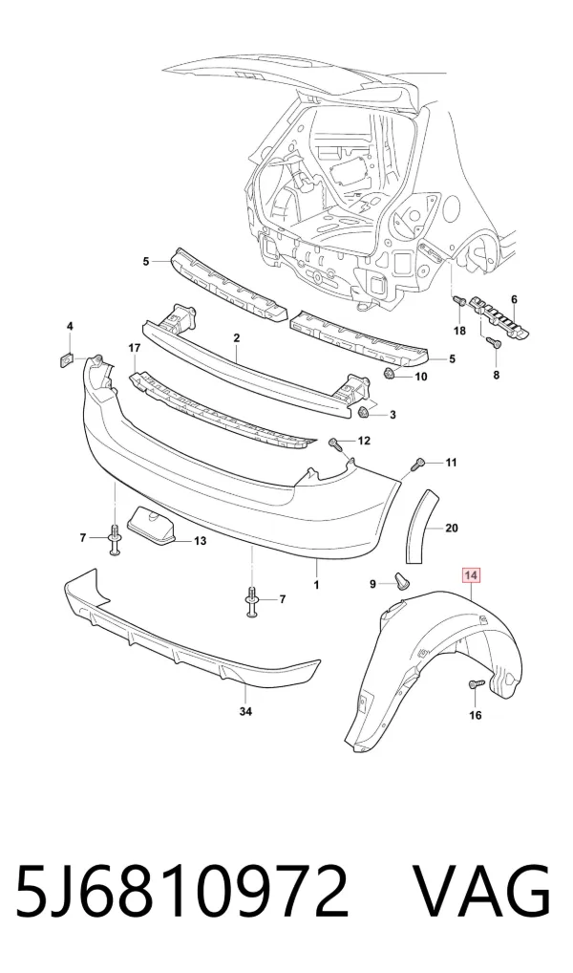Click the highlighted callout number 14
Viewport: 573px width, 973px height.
tap(472, 576)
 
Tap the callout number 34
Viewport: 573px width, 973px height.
tap(245, 712)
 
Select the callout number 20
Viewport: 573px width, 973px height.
tap(452, 528)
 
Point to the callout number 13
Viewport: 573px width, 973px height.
tap(200, 541)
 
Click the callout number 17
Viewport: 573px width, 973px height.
tap(135, 349)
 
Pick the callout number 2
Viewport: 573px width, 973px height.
tap(236, 338)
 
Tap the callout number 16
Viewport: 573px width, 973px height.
tap(475, 716)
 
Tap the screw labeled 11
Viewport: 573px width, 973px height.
tap(421, 463)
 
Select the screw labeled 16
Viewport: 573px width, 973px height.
tap(474, 683)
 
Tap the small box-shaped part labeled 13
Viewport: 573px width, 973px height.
tap(153, 527)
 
